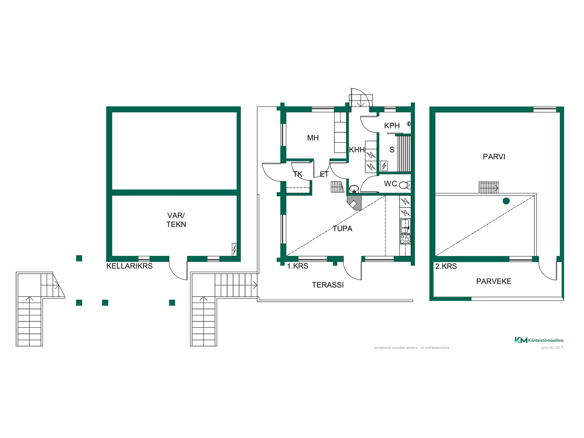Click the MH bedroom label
pyautogui.click(x=313, y=138)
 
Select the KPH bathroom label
pyautogui.click(x=392, y=126)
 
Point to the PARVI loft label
pyautogui.click(x=494, y=157)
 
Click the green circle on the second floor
pyautogui.click(x=506, y=201)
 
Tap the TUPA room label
pyautogui.click(x=342, y=228)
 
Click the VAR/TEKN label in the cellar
pyautogui.click(x=176, y=220)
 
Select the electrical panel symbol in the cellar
pyautogui.click(x=234, y=249)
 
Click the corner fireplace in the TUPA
pyautogui.click(x=354, y=203)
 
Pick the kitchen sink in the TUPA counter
pyautogui.click(x=405, y=226)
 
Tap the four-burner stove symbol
pyautogui.click(x=405, y=239)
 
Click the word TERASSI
pyautogui.click(x=328, y=285)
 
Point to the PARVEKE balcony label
pyautogui.click(x=494, y=281)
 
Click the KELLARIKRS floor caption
pyautogui.click(x=129, y=266)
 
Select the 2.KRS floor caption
pyautogui.click(x=446, y=266)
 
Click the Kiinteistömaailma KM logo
pyautogui.click(x=539, y=340)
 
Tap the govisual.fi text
pyautogui.click(x=552, y=347)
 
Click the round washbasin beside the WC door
pyautogui.click(x=354, y=189)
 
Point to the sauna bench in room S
pyautogui.click(x=404, y=154)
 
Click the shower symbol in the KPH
pyautogui.click(x=409, y=124)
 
